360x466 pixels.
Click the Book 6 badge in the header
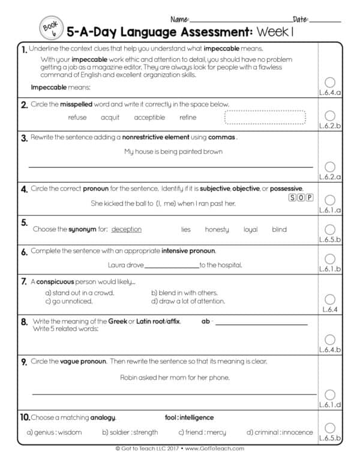48,27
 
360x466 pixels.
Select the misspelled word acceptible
149,118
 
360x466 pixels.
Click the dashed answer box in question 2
265,117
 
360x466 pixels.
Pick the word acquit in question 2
110,118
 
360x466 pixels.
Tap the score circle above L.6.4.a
329,82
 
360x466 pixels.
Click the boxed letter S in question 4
292,196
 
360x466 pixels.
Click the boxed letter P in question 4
310,196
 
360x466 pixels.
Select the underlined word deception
127,229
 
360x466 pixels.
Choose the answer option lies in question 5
186,229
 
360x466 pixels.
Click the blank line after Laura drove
171,265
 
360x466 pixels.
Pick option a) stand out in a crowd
80,293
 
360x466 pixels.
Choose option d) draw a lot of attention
188,301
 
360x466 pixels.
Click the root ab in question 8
205,322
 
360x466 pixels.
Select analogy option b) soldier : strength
130,432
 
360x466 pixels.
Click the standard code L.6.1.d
330,405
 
